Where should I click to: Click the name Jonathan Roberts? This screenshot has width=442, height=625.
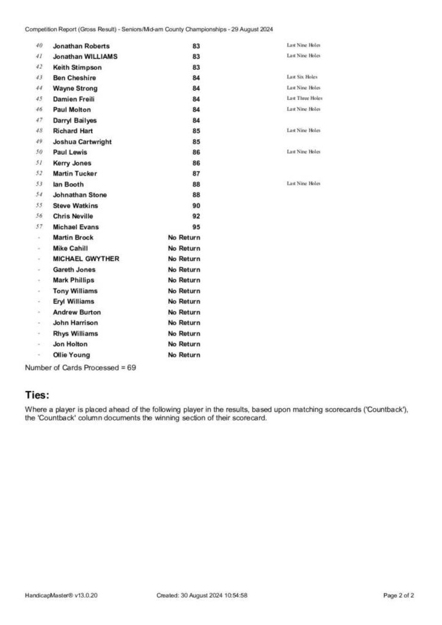[x=81, y=46]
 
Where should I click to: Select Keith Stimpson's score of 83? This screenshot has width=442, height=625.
[x=196, y=67]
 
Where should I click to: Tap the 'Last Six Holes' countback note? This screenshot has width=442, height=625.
[x=302, y=77]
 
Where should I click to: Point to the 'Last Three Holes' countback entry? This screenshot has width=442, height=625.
[x=304, y=98]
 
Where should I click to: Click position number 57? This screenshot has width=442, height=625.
[x=39, y=227]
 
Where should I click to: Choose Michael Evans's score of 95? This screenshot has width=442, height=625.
[x=196, y=227]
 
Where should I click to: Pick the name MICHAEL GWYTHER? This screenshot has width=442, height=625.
[x=86, y=259]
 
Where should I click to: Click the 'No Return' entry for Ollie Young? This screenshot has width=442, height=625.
[x=184, y=355]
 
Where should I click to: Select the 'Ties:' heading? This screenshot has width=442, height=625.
[x=37, y=395]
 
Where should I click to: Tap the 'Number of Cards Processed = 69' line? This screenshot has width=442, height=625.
[x=80, y=368]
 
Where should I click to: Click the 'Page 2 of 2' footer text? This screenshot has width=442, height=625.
[x=399, y=595]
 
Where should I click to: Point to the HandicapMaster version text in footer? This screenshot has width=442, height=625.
[x=61, y=595]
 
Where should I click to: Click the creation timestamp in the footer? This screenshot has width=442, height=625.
[x=202, y=595]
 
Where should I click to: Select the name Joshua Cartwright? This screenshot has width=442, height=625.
[x=82, y=142]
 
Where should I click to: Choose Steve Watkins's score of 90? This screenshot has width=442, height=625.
[x=196, y=206]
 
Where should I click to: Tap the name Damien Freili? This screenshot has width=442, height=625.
[x=74, y=99]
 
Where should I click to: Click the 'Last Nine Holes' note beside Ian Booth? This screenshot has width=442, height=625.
[x=303, y=183]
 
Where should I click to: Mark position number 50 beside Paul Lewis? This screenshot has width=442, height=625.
[x=39, y=152]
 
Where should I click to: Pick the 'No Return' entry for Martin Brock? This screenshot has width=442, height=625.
[x=184, y=237]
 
